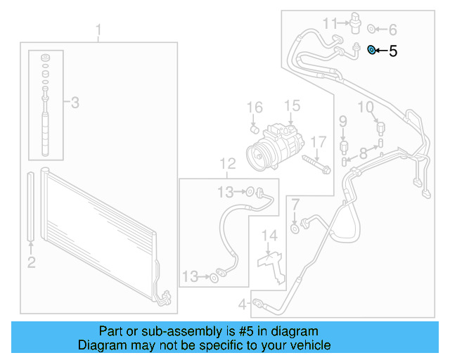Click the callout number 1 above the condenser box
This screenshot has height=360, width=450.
pos(98,30)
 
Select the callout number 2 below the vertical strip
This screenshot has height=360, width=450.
pos(31,263)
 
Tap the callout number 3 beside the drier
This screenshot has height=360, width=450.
pos(75,103)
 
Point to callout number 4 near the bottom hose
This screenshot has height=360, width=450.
pos(242,304)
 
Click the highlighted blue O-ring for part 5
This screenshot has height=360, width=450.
pos(372,51)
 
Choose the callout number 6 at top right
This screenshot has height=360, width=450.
pos(392,30)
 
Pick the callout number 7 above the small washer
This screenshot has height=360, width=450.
pos(295,205)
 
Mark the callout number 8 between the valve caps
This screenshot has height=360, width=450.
pos(363,153)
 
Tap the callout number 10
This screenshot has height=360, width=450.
pos(365,107)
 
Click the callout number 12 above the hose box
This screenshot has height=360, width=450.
pos(226,165)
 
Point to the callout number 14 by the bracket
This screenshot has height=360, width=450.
pos(270,235)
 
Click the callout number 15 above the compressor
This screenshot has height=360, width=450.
pos(291,106)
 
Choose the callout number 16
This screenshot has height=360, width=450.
pos(254,108)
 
